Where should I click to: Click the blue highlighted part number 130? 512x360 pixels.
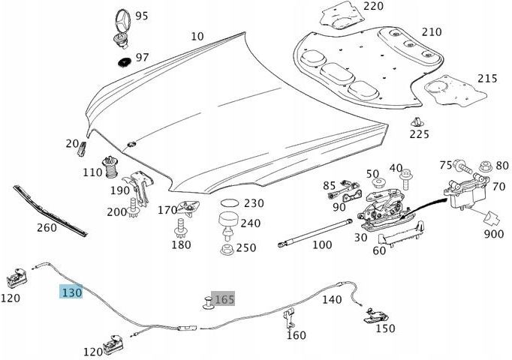tap(71, 292)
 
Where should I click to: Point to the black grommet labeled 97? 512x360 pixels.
tap(123, 58)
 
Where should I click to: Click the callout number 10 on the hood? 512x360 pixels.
tap(197, 35)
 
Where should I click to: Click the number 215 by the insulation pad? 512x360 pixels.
tap(487, 78)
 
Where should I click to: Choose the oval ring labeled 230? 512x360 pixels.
tap(229, 203)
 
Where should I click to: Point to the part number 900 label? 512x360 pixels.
tap(494, 235)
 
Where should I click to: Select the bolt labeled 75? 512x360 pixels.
tap(462, 166)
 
